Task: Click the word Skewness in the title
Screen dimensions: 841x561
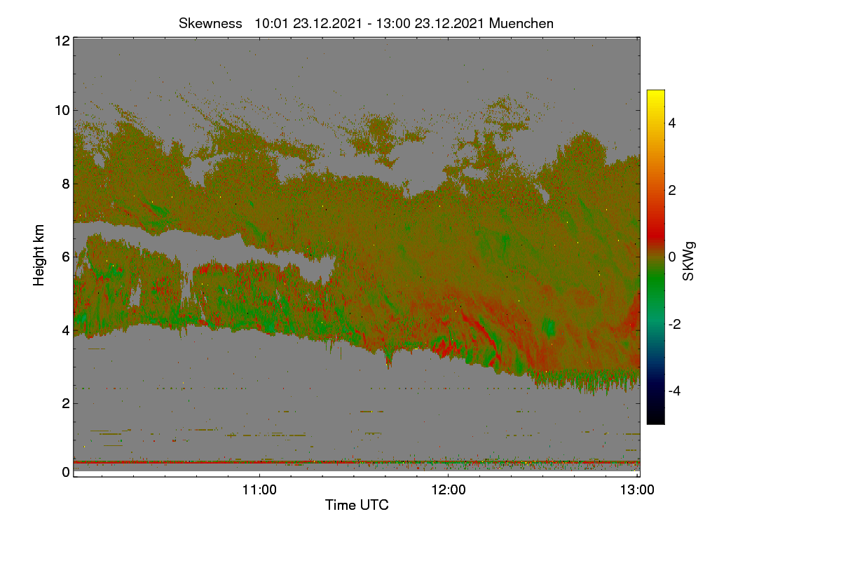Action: pyautogui.click(x=210, y=24)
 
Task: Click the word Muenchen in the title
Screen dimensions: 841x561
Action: pyautogui.click(x=521, y=24)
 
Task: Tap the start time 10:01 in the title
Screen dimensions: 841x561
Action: pyautogui.click(x=271, y=24)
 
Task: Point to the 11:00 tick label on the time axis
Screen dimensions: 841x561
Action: pyautogui.click(x=259, y=489)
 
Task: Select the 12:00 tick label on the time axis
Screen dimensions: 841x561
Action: pyautogui.click(x=449, y=489)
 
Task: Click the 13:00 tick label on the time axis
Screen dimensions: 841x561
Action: pyautogui.click(x=637, y=489)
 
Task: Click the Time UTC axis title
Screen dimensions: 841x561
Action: pyautogui.click(x=357, y=505)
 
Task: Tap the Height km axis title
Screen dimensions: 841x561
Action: pyautogui.click(x=39, y=255)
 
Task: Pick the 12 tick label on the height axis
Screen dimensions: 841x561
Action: pyautogui.click(x=62, y=41)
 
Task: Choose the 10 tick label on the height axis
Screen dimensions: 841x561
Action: pyautogui.click(x=62, y=111)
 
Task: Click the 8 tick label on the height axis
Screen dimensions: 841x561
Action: pyautogui.click(x=66, y=184)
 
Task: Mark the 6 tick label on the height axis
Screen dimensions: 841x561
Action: pyautogui.click(x=66, y=257)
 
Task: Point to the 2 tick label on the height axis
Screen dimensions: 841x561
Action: pyautogui.click(x=66, y=403)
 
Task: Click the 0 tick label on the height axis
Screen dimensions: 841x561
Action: pyautogui.click(x=66, y=472)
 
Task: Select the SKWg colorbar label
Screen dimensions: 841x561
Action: pyautogui.click(x=688, y=261)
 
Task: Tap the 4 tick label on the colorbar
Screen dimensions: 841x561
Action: pyautogui.click(x=672, y=123)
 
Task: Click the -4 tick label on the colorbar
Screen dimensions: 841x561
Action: pyautogui.click(x=674, y=391)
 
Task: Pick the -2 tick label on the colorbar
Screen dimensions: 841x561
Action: pyautogui.click(x=674, y=324)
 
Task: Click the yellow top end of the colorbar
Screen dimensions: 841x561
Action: pyautogui.click(x=655, y=92)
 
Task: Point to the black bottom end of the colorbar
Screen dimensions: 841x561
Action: pyautogui.click(x=655, y=422)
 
